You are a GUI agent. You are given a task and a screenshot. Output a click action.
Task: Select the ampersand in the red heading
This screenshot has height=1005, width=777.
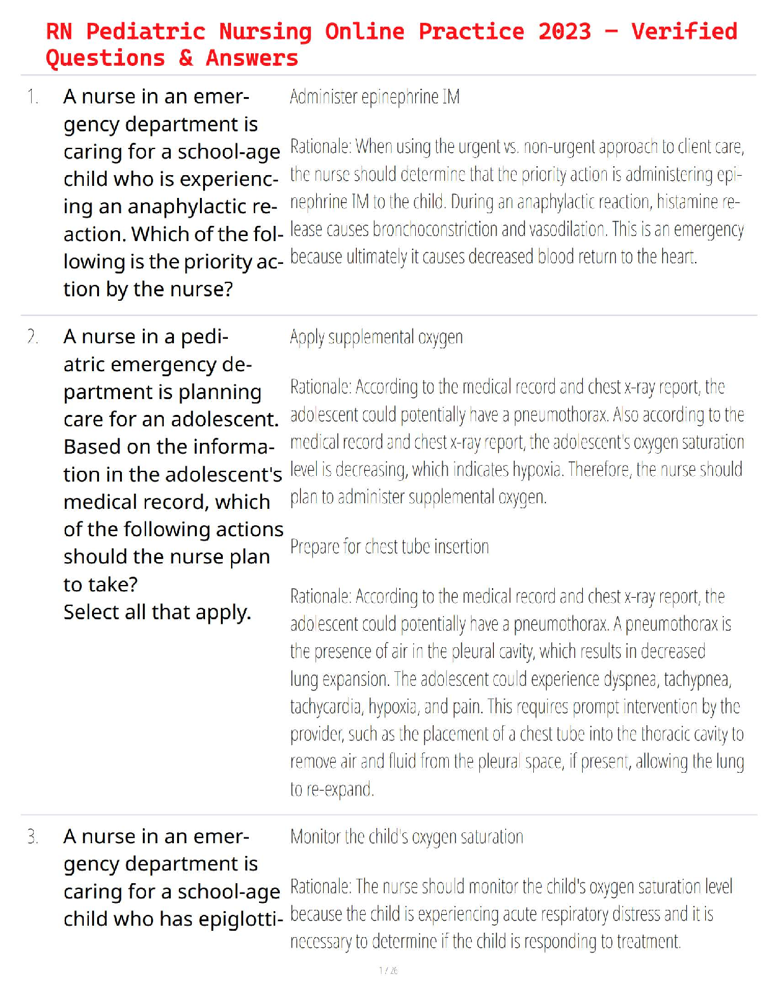coord(185,58)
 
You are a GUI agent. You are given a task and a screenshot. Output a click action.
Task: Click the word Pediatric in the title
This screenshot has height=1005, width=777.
coord(145,31)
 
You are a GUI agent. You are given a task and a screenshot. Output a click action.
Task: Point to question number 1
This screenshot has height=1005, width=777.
coord(32,97)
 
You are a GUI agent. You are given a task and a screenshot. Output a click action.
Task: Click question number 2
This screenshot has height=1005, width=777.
coord(32,337)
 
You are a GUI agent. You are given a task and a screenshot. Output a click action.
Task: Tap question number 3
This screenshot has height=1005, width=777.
coord(32,837)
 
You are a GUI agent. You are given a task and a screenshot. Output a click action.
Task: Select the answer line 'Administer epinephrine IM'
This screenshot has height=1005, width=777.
coord(375,97)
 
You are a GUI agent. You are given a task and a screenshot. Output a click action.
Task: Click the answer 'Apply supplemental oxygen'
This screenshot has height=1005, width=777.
coord(376,337)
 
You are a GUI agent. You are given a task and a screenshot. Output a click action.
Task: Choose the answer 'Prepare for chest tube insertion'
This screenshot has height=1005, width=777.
coord(389,546)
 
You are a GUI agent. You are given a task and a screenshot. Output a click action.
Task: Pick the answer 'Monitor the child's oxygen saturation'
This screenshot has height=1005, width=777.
coord(406,837)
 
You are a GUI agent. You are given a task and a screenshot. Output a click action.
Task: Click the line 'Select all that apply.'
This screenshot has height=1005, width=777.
coord(157,612)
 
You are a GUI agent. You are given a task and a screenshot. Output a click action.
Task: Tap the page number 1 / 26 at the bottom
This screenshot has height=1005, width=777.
coord(388,971)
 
